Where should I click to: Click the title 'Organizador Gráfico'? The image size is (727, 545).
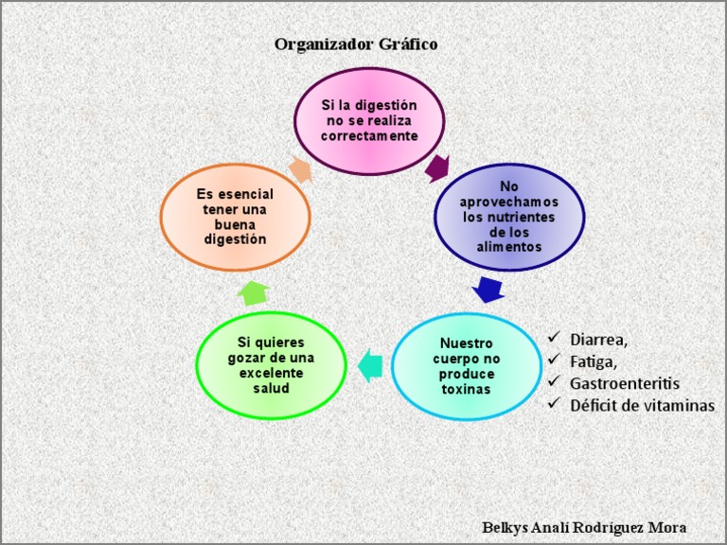[356, 44]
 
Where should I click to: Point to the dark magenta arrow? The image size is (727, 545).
[437, 168]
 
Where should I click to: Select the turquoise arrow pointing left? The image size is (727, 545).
[370, 364]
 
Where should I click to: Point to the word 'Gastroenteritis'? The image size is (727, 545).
[625, 383]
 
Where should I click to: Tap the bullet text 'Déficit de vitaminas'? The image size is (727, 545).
[642, 405]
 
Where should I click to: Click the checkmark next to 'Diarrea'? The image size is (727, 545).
[554, 337]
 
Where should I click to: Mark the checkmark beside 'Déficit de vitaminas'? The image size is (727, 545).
[554, 404]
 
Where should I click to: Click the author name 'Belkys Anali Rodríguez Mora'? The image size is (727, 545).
[584, 527]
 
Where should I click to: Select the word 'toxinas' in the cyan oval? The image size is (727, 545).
[467, 389]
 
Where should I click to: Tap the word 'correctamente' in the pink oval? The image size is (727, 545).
[369, 136]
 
